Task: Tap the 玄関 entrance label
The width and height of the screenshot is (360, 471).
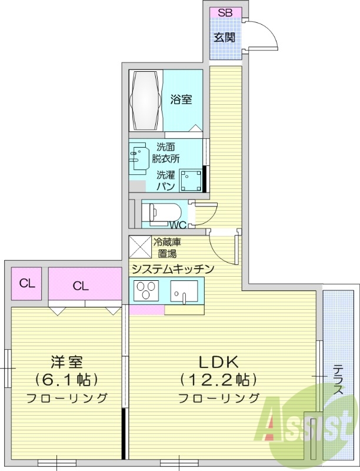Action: click(x=225, y=38)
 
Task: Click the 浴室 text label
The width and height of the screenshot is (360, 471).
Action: click(x=181, y=99)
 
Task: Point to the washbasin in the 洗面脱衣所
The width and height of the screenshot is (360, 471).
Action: click(x=139, y=156)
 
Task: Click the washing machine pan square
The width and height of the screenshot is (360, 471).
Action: click(x=189, y=181)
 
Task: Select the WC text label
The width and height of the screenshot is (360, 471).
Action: click(x=178, y=224)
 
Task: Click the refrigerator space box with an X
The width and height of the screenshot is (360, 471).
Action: click(x=140, y=247)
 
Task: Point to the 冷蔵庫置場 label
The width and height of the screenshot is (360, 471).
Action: click(x=168, y=247)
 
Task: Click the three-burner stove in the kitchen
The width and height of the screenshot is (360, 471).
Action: click(x=146, y=291)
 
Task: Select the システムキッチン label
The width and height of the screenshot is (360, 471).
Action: click(x=172, y=268)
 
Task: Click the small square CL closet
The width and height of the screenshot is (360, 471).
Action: click(x=26, y=283)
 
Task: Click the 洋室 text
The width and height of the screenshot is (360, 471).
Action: click(x=66, y=361)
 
